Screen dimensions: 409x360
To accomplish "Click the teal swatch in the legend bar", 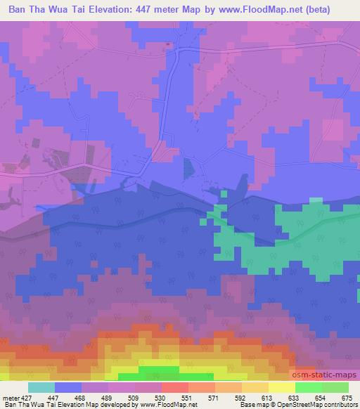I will click(x=41, y=388).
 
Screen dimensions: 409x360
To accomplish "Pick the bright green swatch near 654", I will click(x=308, y=388).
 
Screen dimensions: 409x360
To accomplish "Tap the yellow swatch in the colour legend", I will click(x=281, y=388).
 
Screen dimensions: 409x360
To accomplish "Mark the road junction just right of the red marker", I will click(x=179, y=51).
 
